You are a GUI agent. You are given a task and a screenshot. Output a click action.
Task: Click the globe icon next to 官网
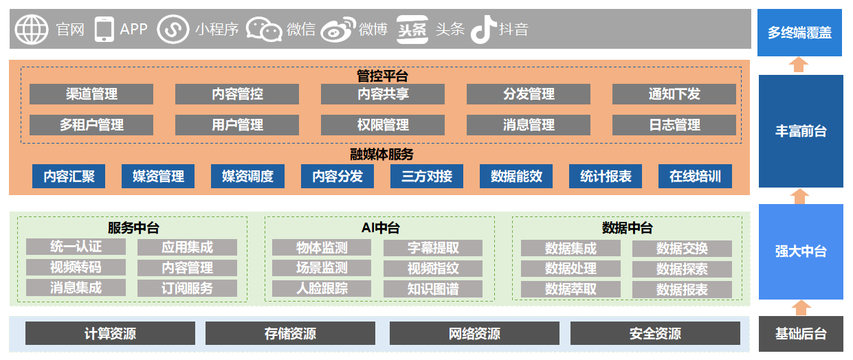(32, 30)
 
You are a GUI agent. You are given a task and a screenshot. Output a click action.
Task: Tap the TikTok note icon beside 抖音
(484, 30)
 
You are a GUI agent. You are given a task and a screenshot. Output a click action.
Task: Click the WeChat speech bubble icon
(264, 30)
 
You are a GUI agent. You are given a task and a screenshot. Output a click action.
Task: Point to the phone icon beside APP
(104, 30)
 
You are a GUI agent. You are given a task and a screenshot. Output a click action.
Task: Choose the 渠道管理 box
(91, 94)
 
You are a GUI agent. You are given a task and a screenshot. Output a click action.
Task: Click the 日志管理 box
(674, 125)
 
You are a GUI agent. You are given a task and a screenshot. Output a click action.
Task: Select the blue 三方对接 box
(426, 176)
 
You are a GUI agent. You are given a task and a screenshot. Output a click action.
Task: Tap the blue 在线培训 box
(695, 176)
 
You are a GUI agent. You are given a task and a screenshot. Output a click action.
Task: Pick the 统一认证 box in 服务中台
(76, 247)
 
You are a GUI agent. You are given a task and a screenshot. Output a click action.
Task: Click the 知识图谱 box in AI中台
(433, 289)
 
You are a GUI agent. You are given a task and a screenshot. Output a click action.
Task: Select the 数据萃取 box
(570, 289)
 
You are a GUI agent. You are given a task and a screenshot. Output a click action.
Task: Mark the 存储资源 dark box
(290, 333)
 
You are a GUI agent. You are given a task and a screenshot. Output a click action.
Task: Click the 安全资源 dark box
(655, 333)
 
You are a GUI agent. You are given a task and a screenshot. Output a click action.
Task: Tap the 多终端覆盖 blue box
(799, 33)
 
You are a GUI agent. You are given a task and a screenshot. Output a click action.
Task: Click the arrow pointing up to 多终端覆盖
(799, 65)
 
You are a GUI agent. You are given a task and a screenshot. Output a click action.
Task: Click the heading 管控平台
(382, 76)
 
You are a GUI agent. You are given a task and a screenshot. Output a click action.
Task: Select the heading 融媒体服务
(381, 154)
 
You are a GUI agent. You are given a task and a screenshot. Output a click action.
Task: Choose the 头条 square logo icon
(412, 30)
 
